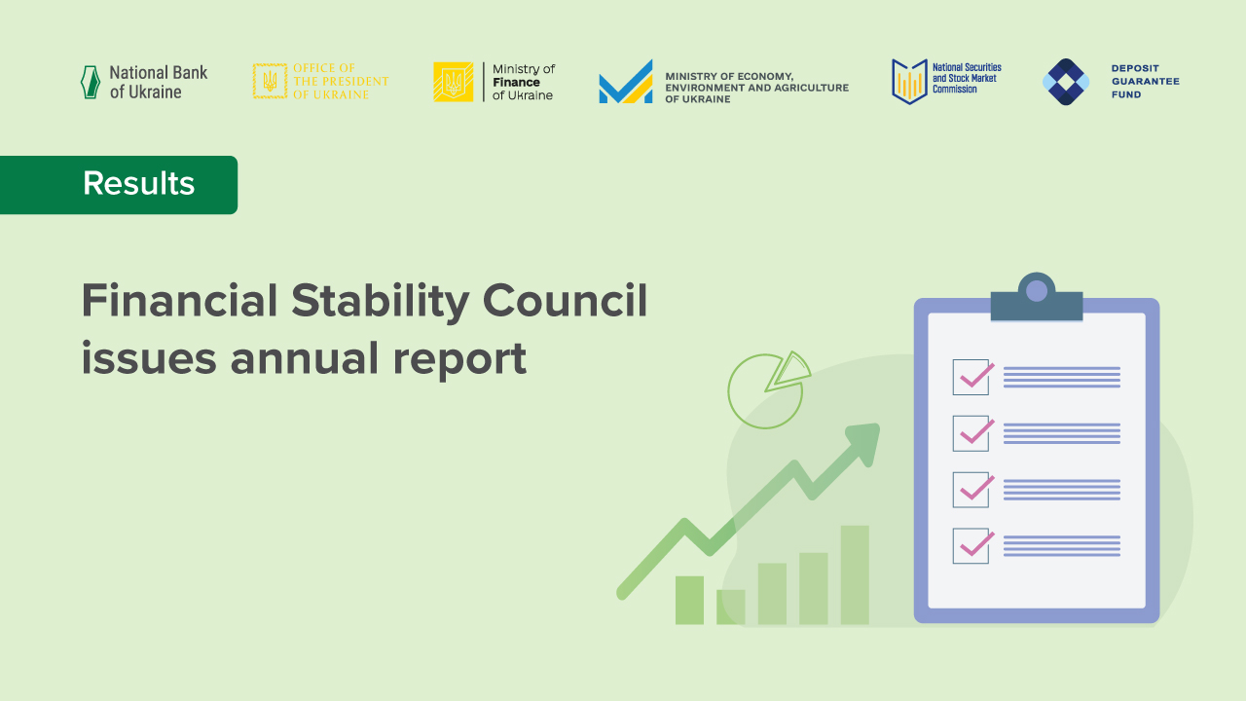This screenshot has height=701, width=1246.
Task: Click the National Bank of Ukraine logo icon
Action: [90, 82]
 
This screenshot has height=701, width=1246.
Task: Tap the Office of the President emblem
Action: [270, 82]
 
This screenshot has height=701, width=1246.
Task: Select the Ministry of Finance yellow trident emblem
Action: [453, 82]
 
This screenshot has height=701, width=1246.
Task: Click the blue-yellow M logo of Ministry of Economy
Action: [626, 83]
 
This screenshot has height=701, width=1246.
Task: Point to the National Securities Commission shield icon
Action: [908, 82]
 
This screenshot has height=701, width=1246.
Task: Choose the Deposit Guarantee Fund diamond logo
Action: [1066, 82]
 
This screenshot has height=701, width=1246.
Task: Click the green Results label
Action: [119, 184]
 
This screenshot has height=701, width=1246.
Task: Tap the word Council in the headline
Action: [565, 301]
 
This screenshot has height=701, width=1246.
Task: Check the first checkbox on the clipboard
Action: [971, 377]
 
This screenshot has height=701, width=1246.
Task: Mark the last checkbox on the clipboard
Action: [971, 546]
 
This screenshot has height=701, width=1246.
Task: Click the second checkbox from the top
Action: [971, 433]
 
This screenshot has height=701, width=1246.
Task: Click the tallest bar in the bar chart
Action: [855, 574]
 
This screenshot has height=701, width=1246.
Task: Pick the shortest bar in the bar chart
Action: [730, 607]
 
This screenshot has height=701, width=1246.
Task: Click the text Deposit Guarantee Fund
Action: [1145, 82]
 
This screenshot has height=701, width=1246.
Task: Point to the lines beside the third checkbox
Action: [1061, 490]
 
